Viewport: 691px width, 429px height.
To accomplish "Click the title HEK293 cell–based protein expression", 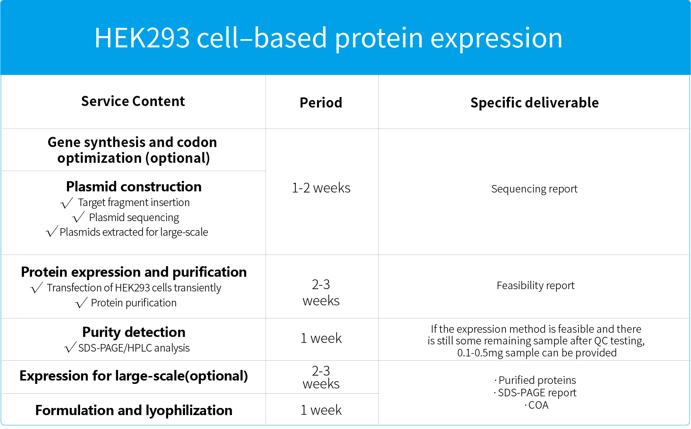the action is click(x=328, y=38).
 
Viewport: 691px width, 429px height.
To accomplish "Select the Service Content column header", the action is click(x=133, y=101).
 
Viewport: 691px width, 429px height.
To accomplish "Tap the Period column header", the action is click(x=321, y=103).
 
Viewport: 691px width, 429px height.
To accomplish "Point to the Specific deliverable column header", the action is click(x=535, y=103).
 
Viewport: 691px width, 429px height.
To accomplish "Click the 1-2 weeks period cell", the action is click(x=321, y=188).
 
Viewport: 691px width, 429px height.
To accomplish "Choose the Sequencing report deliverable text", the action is click(x=534, y=189).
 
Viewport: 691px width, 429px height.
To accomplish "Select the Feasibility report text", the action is click(x=536, y=285).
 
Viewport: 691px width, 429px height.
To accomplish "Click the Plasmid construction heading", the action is click(x=134, y=186).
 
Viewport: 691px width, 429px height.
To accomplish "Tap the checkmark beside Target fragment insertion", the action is click(x=67, y=203).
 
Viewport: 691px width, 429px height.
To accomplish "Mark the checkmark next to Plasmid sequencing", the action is click(x=78, y=217).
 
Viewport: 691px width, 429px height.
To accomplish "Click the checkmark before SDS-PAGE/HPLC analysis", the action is click(x=70, y=347).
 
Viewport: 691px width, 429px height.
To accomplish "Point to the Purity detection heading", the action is click(x=134, y=332).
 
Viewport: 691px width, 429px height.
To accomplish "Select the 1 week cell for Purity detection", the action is click(x=321, y=338).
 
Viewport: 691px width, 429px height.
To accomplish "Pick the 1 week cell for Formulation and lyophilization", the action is click(x=321, y=410).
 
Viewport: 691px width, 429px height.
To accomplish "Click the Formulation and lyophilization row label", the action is click(x=134, y=410).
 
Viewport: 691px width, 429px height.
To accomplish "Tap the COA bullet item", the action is click(x=536, y=405).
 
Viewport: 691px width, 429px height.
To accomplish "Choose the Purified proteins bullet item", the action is click(x=535, y=380).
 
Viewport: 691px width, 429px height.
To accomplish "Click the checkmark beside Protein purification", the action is click(x=81, y=303).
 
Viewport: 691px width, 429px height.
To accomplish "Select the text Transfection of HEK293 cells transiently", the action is click(x=134, y=288).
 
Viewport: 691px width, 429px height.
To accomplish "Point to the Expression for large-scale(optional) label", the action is click(x=134, y=376).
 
